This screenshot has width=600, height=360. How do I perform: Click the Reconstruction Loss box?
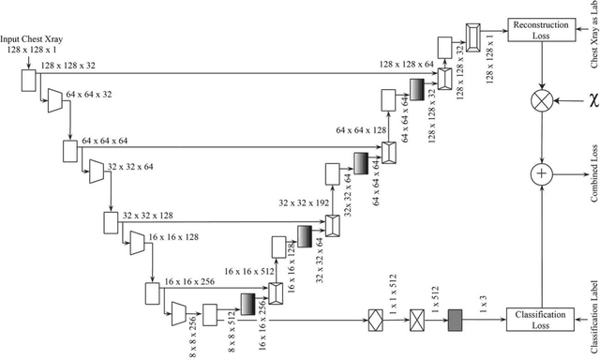click(538, 28)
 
